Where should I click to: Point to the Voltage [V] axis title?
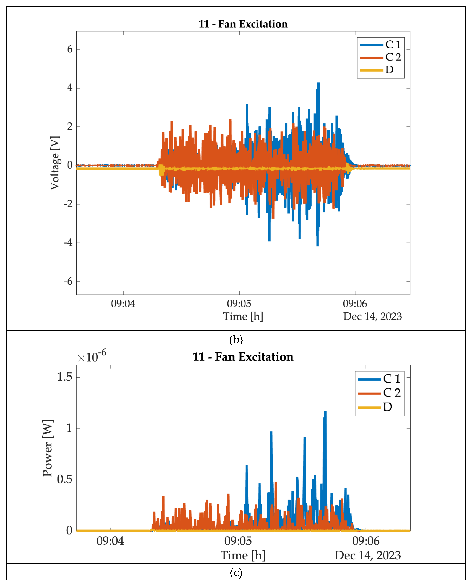55,163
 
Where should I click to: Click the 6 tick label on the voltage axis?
70,49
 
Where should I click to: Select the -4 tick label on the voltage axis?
68,243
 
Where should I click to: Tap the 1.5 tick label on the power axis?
65,377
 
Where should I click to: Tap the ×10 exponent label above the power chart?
92,357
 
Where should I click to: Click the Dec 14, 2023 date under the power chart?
368,555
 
